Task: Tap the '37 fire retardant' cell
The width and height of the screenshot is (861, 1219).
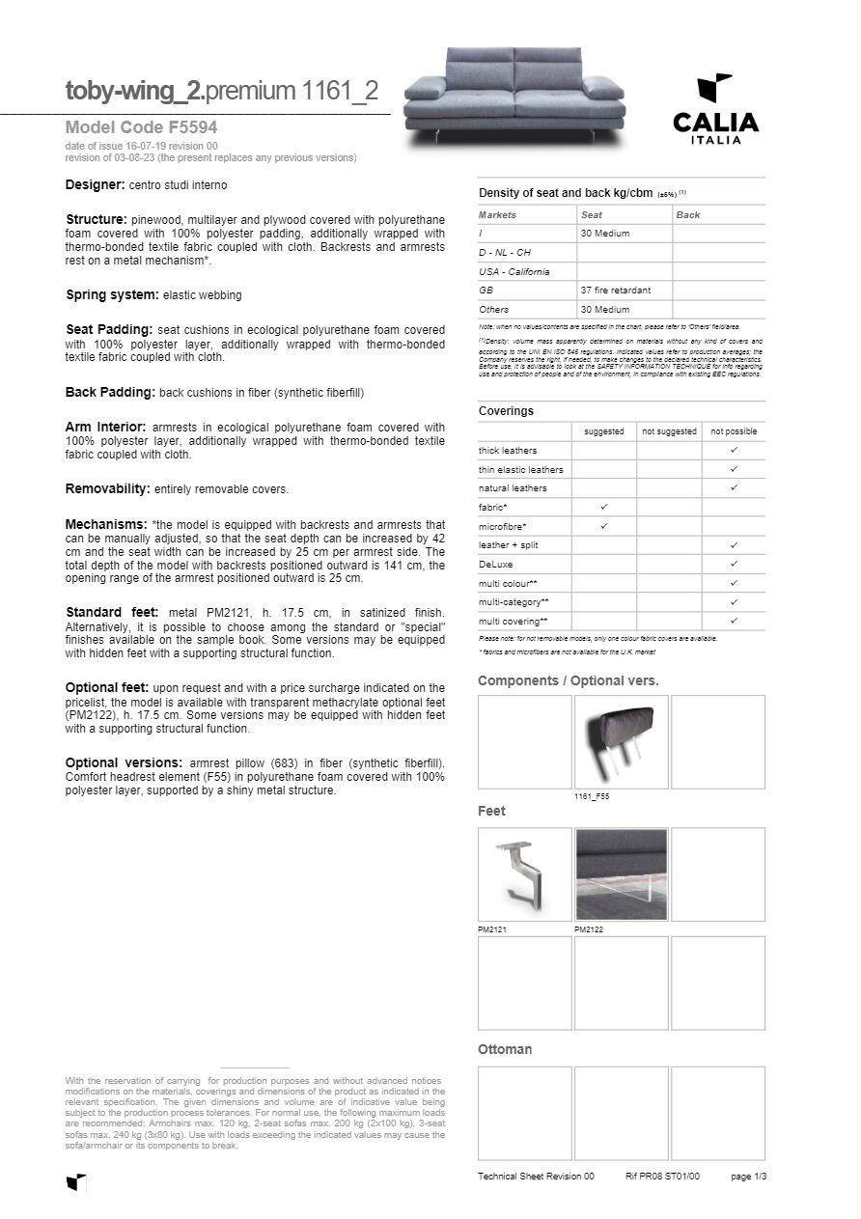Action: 616,291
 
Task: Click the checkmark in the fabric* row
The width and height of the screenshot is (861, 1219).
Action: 604,507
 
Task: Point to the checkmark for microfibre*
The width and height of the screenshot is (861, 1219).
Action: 604,526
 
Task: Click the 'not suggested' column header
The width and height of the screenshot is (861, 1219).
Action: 669,431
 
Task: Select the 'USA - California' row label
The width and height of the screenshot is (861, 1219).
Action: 514,271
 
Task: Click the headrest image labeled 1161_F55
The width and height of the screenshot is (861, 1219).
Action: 621,740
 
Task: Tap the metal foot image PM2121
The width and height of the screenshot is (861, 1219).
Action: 525,873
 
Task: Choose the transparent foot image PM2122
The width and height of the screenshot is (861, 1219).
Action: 621,873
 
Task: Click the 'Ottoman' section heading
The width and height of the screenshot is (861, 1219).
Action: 505,1049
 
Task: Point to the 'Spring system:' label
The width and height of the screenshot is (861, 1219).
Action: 112,294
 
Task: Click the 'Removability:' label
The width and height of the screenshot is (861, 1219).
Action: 107,488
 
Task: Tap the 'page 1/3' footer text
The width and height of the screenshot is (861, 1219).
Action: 748,1177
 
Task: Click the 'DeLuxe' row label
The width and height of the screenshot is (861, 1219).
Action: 496,564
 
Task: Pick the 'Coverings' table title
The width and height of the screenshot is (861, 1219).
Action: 506,411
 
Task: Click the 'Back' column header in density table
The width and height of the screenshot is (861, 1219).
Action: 688,215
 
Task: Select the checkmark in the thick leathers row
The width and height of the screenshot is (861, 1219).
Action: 734,451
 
